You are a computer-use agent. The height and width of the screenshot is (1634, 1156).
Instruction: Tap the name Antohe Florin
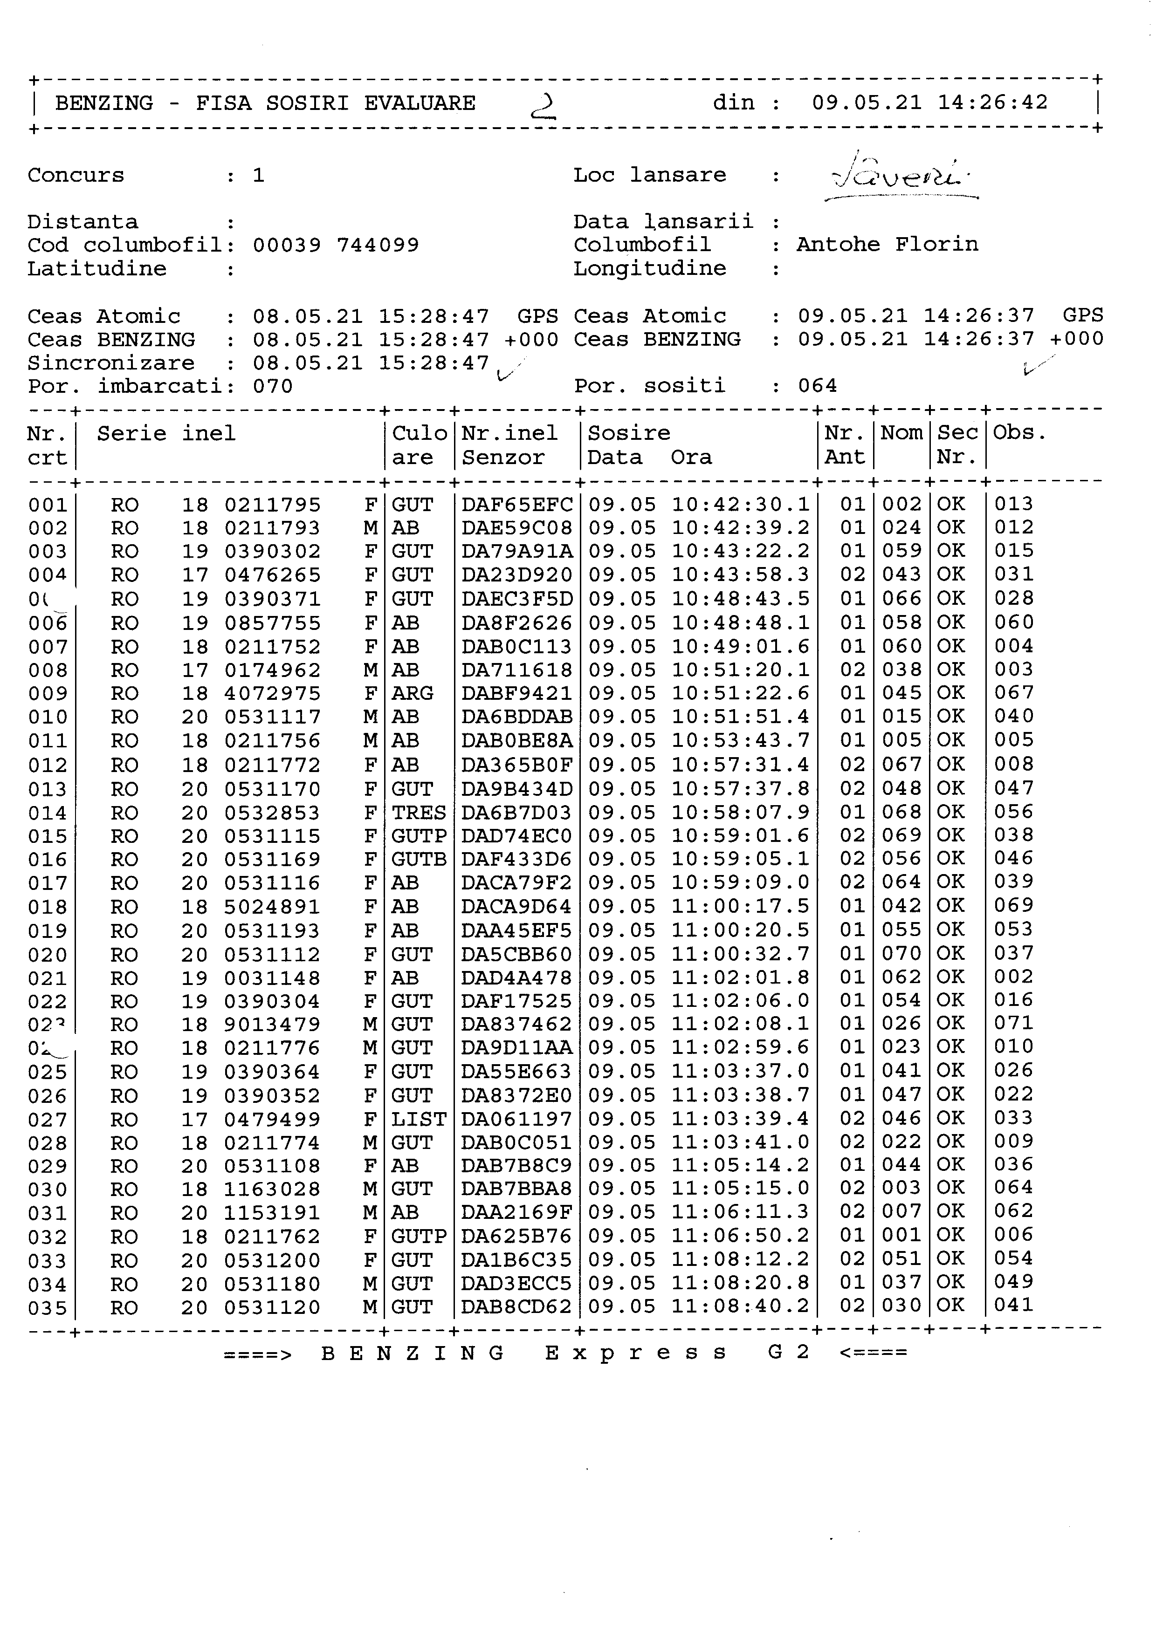click(x=887, y=245)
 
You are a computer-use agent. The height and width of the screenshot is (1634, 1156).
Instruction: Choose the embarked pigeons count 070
click(x=273, y=386)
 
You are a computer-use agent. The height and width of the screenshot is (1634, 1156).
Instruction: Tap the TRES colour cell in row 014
click(x=419, y=813)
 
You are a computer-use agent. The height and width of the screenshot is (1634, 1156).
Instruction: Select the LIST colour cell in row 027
click(x=419, y=1120)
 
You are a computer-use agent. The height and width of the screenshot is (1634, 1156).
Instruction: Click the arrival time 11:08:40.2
click(x=740, y=1306)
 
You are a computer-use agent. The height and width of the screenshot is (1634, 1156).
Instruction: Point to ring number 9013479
click(x=273, y=1025)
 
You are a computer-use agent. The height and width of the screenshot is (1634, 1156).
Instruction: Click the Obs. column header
click(x=1019, y=433)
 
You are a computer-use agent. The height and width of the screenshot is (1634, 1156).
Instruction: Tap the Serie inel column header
click(x=166, y=433)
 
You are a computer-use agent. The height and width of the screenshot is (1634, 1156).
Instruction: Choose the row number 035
click(x=48, y=1308)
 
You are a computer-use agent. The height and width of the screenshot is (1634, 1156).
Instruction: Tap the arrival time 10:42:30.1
click(x=740, y=505)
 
